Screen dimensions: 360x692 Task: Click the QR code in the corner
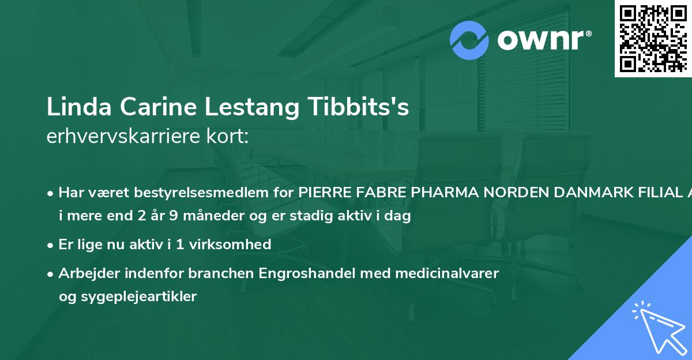coord(653,39)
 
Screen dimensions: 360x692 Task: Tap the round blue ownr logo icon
coord(469,40)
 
